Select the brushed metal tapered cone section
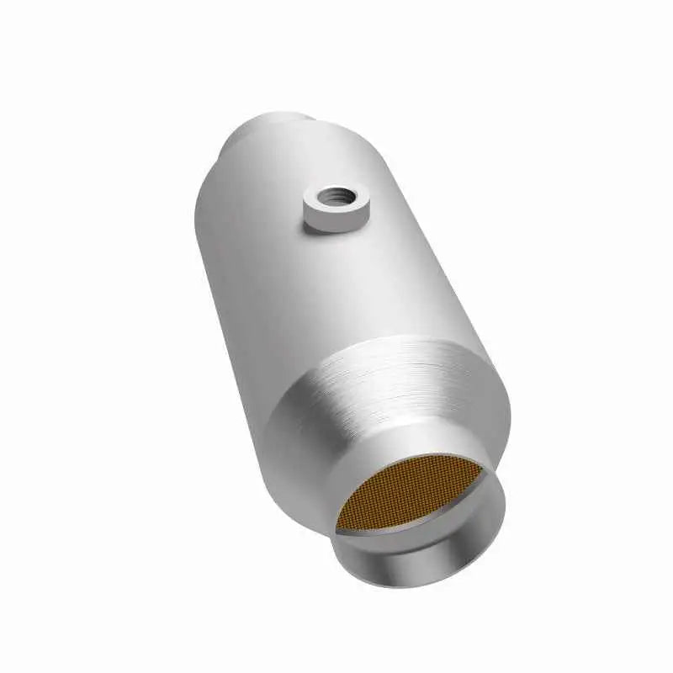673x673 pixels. (395, 395)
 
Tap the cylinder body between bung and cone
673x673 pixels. (336, 286)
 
